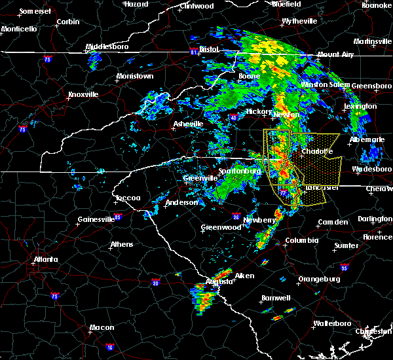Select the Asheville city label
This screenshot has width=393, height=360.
click(x=189, y=124)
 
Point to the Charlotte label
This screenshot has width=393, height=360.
click(x=317, y=151)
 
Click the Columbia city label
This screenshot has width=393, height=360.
click(x=301, y=240)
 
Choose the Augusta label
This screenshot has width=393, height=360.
click(x=219, y=281)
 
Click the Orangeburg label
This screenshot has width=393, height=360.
click(x=318, y=279)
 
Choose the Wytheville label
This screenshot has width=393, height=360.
click(x=299, y=22)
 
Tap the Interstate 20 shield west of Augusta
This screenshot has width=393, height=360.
click(x=157, y=283)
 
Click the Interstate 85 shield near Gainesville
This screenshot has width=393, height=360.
click(x=117, y=216)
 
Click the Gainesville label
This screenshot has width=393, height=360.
click(x=96, y=219)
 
